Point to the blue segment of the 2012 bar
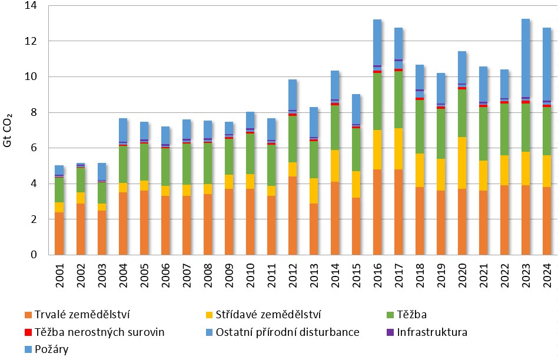(293, 95)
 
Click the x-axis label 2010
(251, 276)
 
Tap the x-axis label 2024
(547, 276)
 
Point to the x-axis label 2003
(102, 276)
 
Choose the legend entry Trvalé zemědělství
(77, 315)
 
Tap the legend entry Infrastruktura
(432, 332)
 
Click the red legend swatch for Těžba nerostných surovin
(27, 332)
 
